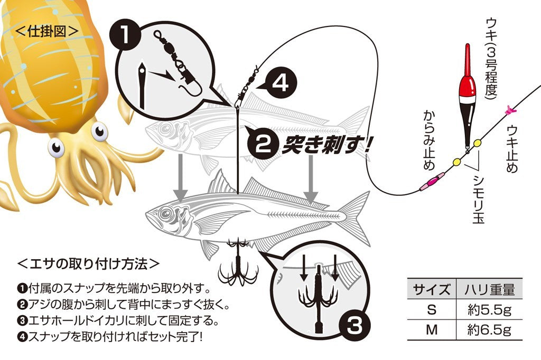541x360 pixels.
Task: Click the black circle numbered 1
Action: coord(125,35)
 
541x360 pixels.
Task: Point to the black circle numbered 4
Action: coord(282,83)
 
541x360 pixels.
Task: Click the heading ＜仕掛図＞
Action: coord(47,31)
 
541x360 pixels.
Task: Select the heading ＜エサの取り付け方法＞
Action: coord(88,264)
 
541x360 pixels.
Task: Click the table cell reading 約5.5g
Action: coord(489,310)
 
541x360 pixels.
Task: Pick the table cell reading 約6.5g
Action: coord(489,330)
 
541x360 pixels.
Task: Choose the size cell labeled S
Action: coord(432,310)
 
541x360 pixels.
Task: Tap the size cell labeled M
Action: coord(432,330)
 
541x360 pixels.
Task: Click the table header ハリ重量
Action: coord(489,289)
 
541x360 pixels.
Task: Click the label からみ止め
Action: coord(429,140)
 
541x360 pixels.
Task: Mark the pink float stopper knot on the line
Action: coord(509,110)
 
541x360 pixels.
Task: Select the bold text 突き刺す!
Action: coord(326,145)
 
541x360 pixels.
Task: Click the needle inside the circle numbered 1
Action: coord(142,86)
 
